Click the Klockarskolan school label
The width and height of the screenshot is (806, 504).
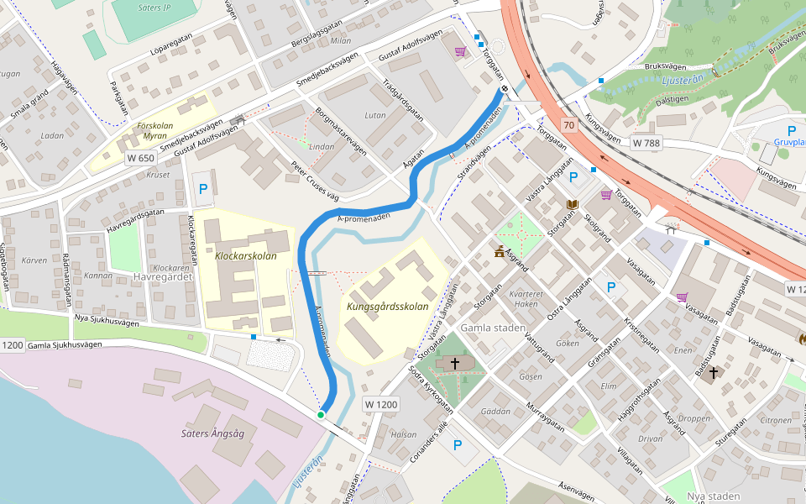coord(245,255)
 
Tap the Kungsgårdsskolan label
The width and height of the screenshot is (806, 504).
coord(382,307)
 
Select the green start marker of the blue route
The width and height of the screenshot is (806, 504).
coord(321,415)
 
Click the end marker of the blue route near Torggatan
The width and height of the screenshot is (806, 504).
coord(505,90)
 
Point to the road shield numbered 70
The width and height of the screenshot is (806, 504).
coord(570,126)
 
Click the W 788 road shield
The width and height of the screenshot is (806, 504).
coord(646,144)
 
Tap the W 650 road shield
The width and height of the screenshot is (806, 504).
coord(141,158)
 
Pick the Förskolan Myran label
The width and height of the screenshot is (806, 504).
coord(154,130)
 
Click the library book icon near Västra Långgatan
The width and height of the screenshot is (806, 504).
coord(573,205)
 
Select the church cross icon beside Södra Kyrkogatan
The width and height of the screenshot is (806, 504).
coord(455,364)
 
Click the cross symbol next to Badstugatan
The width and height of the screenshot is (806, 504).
coord(714,372)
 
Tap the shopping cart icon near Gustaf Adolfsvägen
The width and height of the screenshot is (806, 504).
coord(460,52)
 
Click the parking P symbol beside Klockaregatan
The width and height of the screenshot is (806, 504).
coord(202,191)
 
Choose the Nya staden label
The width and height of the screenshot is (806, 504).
coord(713,496)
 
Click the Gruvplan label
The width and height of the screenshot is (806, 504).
coord(789,142)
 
